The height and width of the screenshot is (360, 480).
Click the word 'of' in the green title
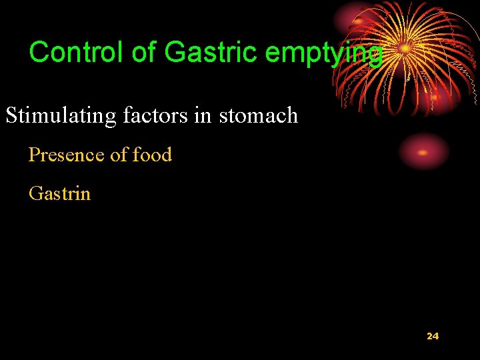[143, 52]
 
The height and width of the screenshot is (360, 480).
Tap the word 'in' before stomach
[203, 115]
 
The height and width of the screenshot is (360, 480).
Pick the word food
[152, 155]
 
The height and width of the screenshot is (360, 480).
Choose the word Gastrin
[59, 194]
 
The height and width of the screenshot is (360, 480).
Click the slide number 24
[433, 336]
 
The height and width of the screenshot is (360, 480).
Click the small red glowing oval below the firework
[423, 151]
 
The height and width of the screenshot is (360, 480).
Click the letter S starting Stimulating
[11, 116]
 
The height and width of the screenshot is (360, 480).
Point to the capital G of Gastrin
[35, 194]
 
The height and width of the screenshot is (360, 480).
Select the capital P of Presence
[33, 155]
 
